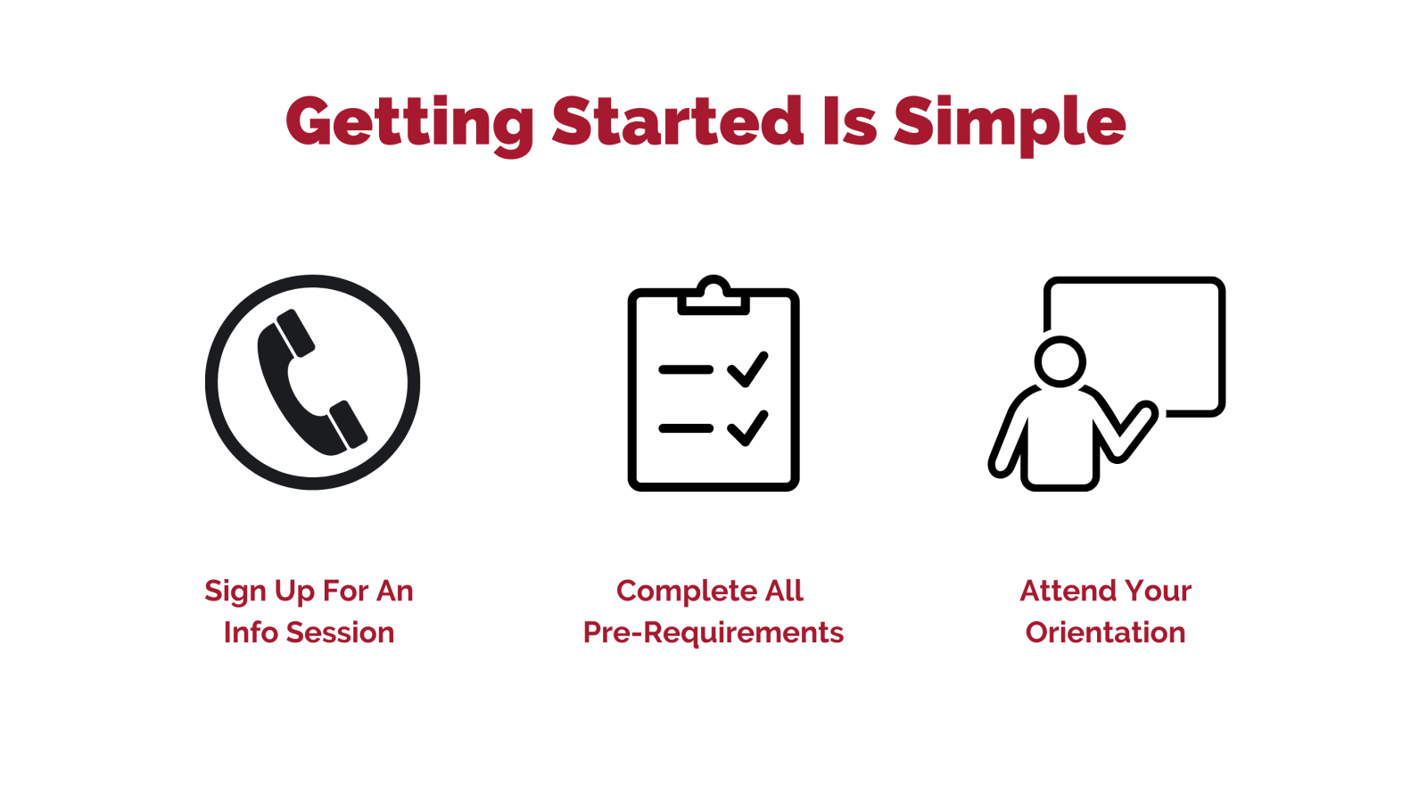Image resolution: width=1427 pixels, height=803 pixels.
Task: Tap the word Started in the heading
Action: [677, 121]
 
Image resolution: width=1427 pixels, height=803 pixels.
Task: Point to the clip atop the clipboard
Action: [713, 295]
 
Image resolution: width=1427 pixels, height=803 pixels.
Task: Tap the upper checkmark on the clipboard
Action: [747, 369]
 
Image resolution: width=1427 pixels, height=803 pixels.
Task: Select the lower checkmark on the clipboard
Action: [747, 427]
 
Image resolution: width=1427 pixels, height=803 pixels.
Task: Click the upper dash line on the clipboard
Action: [686, 369]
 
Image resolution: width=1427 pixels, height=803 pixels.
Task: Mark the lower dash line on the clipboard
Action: [686, 428]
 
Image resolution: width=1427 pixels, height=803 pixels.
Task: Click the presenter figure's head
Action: [1060, 361]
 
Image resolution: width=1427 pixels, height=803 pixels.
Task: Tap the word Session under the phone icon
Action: [340, 633]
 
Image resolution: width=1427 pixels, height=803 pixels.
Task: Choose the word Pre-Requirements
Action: [713, 633]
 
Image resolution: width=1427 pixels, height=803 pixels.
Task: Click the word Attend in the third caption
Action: [1064, 591]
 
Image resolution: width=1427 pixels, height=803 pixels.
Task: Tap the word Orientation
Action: [1105, 633]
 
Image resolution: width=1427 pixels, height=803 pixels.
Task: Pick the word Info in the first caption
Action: [251, 633]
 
